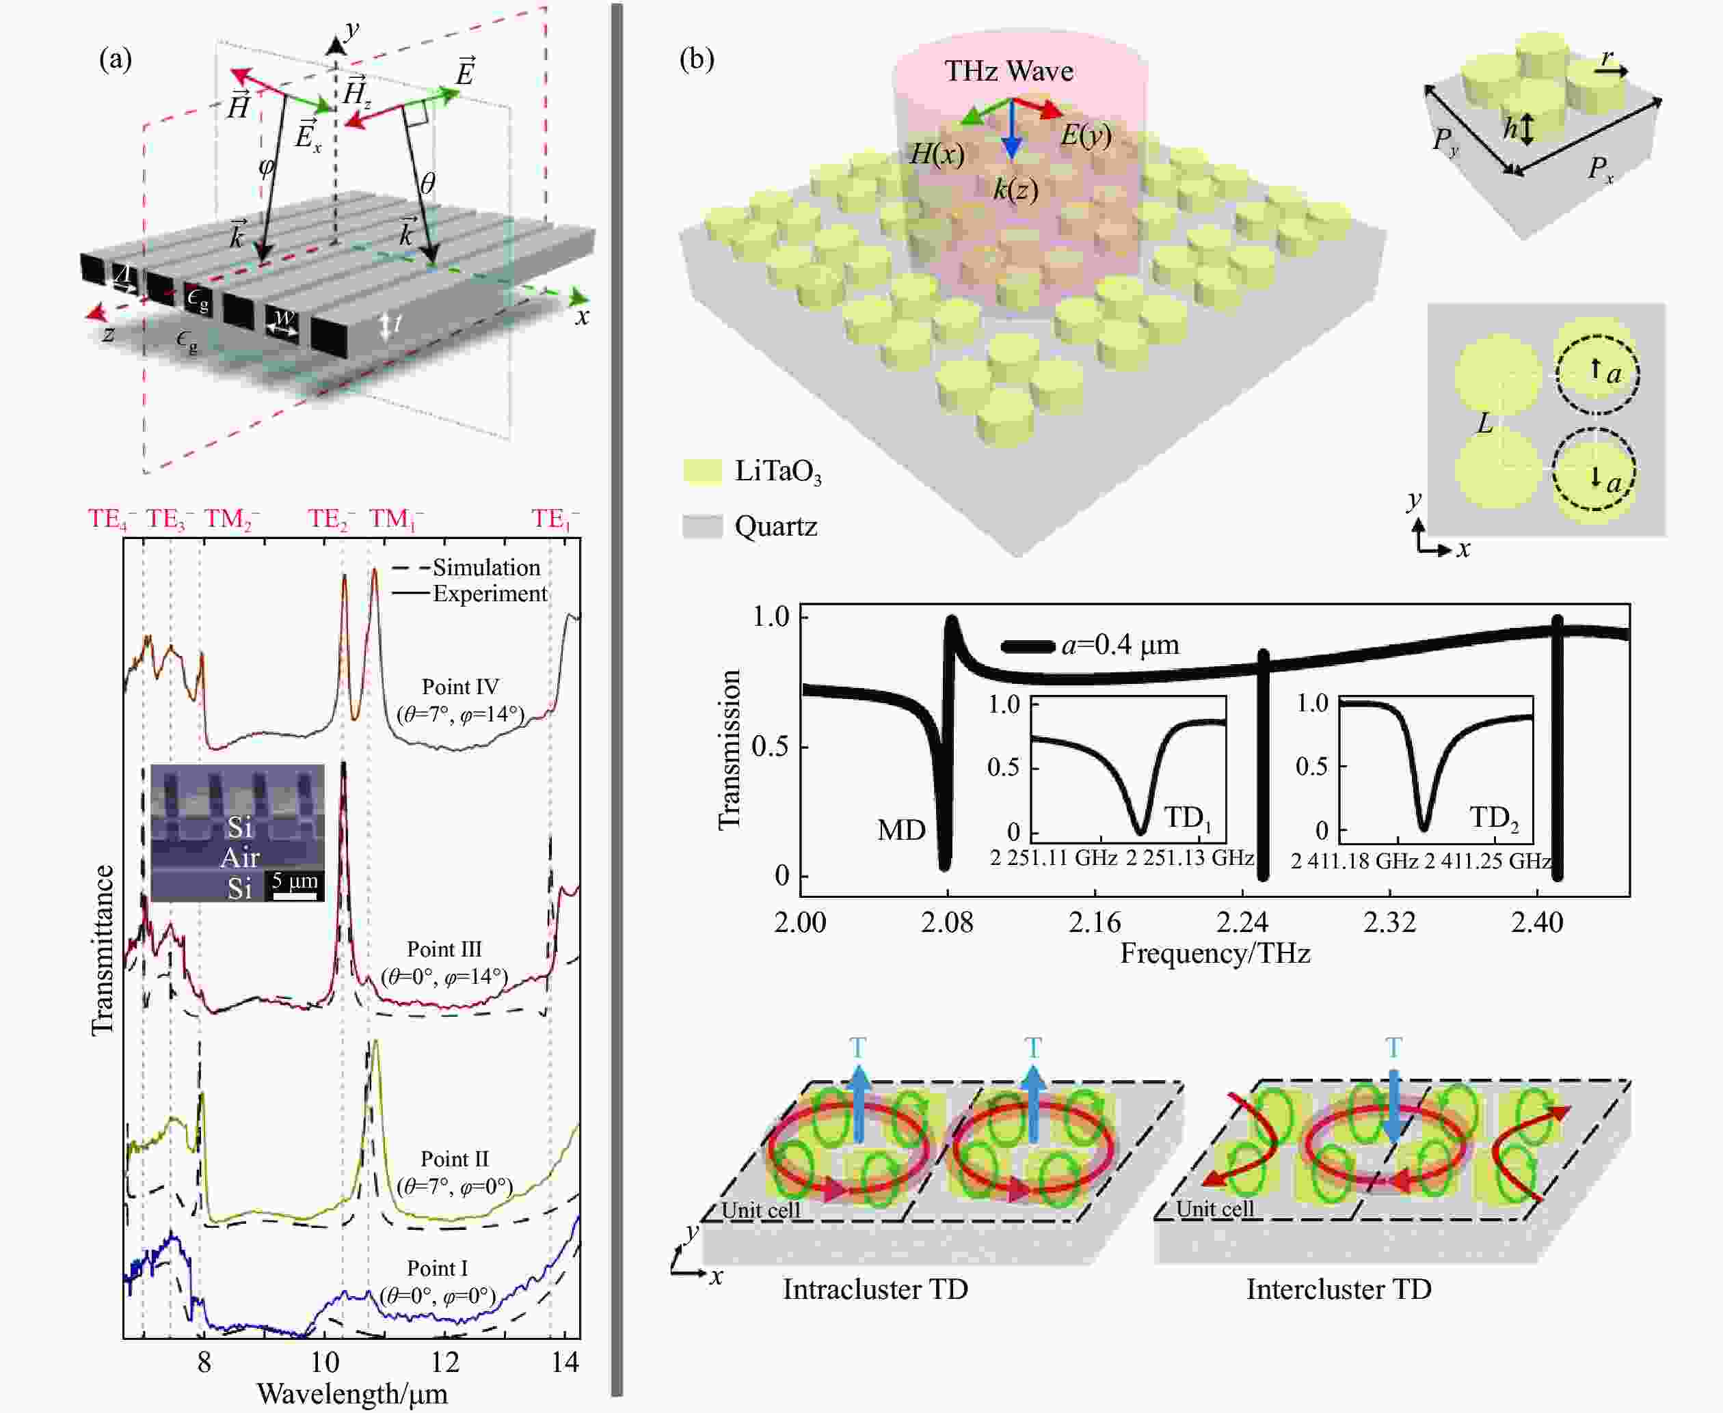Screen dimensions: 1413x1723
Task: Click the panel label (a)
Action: pos(115,59)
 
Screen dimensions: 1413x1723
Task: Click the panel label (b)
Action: pos(696,59)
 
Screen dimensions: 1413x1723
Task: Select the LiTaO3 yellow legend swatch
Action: pos(702,471)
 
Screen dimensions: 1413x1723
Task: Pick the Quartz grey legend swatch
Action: pos(702,527)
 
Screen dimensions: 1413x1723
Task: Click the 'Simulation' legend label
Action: pos(486,567)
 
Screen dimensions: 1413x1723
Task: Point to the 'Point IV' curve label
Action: pos(460,686)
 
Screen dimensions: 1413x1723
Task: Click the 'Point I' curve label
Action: pos(438,1268)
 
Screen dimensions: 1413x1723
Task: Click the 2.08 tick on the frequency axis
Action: pos(948,922)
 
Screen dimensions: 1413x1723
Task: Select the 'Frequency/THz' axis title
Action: pos(1215,953)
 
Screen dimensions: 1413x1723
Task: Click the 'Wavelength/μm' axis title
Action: pos(351,1393)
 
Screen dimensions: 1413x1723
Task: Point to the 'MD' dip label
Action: pos(901,830)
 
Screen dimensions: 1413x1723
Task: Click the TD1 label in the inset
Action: pos(1187,817)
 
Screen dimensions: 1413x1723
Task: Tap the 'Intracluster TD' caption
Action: pos(875,1289)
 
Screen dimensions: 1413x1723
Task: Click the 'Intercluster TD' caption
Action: pos(1339,1289)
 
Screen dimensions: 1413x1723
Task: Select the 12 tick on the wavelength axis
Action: pos(444,1362)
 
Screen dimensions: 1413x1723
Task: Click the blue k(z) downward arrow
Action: pos(1011,131)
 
